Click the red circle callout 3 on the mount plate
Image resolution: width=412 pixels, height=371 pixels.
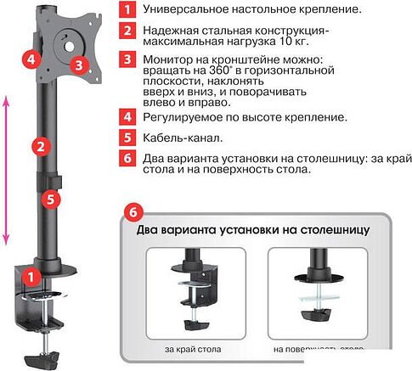78,64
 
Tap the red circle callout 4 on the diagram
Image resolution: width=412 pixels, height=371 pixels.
31,60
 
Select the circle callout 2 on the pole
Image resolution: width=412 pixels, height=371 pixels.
38,145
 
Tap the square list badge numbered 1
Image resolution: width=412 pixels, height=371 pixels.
127,11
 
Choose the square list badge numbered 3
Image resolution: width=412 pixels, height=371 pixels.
127,60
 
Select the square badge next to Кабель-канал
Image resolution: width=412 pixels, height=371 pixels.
127,137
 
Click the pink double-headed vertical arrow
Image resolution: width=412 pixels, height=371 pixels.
8,169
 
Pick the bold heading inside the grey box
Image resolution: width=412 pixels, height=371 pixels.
251,229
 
